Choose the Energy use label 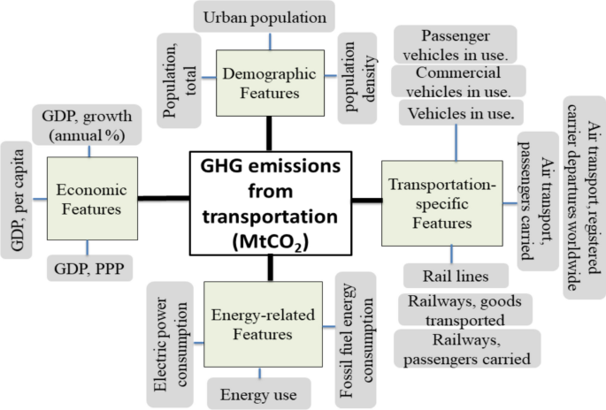pos(258,392)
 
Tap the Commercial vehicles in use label pos(461,81)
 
